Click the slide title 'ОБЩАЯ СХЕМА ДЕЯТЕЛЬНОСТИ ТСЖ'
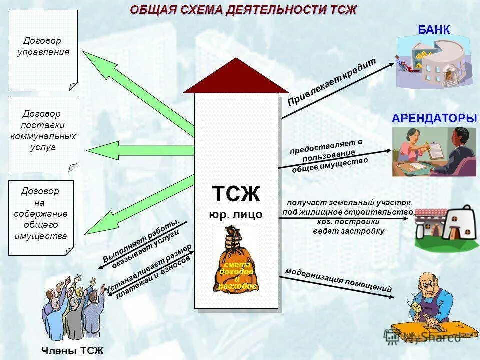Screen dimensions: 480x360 243,10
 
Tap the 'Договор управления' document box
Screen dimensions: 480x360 43,50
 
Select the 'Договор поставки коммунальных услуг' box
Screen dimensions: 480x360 43,131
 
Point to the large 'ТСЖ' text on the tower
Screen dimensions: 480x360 236,194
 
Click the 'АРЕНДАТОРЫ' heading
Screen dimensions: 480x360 434,119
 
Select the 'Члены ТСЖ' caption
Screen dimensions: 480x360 73,351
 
